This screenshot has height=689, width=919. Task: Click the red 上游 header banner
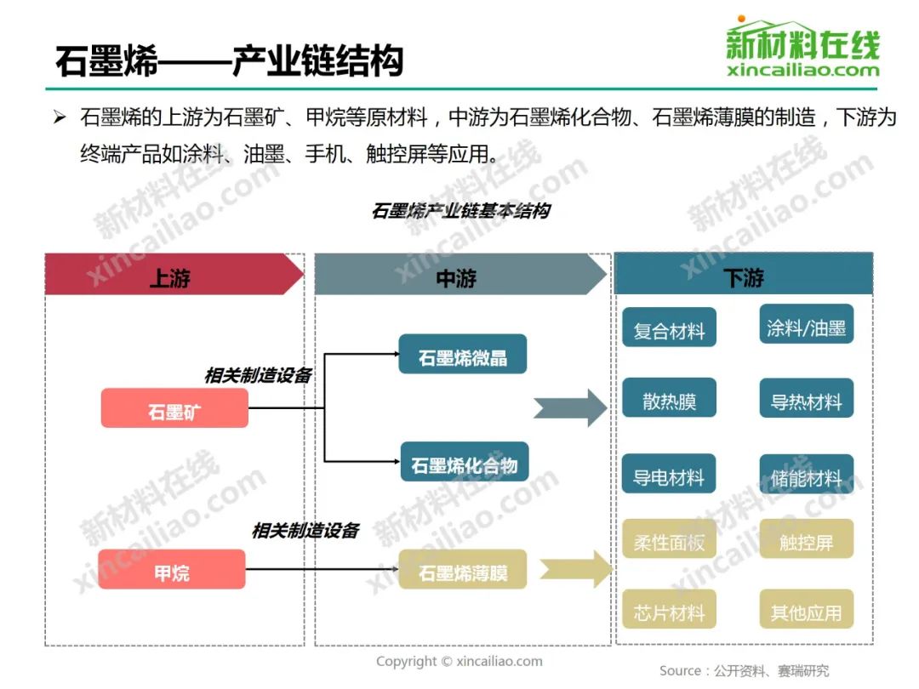170,275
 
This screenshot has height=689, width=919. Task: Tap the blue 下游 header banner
743,275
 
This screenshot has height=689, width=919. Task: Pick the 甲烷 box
171,570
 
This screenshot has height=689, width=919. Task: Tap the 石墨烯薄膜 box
462,570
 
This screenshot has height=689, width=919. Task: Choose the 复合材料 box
669,328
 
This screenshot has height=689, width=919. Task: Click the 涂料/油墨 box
806,326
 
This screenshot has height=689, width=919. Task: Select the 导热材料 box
806,400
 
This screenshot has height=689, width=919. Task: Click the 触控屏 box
806,539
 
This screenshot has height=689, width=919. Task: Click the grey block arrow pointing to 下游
570,408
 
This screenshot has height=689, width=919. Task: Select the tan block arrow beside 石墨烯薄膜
575,568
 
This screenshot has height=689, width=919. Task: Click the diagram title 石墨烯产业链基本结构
460,211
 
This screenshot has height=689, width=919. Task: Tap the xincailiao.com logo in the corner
802,48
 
